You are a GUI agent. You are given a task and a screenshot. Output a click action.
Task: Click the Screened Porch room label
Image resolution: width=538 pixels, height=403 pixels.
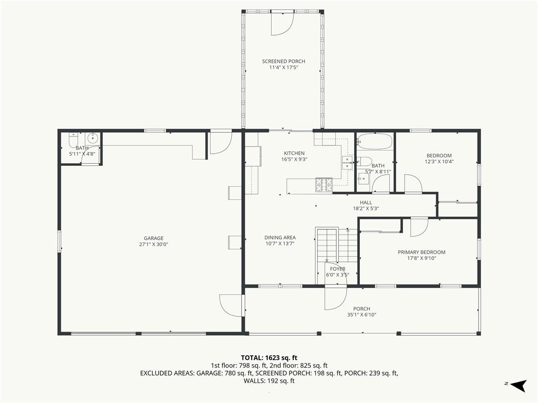(x=283, y=61)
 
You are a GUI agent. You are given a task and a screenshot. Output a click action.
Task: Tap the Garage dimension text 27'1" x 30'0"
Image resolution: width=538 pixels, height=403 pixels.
(x=154, y=244)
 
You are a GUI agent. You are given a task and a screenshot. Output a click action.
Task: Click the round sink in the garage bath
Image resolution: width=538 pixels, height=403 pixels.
(x=92, y=139)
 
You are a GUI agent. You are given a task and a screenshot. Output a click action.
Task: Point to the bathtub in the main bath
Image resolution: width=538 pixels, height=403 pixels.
(x=375, y=142)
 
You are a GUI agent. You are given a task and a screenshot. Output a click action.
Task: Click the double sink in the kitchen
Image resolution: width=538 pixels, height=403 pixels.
(x=348, y=163)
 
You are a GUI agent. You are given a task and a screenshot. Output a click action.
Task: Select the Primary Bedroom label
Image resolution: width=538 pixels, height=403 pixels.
(x=421, y=252)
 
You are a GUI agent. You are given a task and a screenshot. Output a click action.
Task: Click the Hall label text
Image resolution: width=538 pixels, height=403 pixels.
(x=366, y=203)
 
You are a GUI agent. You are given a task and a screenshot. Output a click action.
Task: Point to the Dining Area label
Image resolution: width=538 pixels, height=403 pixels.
(x=280, y=238)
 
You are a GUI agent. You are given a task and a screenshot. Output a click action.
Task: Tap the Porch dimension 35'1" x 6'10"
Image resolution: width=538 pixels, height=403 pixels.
(x=361, y=315)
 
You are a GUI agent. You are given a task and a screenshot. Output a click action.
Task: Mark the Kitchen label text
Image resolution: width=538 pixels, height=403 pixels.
(x=294, y=153)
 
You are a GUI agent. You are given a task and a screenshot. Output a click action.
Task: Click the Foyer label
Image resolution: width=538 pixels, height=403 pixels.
(x=337, y=269)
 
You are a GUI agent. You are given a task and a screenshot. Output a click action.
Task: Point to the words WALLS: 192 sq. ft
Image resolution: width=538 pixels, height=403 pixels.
(x=268, y=381)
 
